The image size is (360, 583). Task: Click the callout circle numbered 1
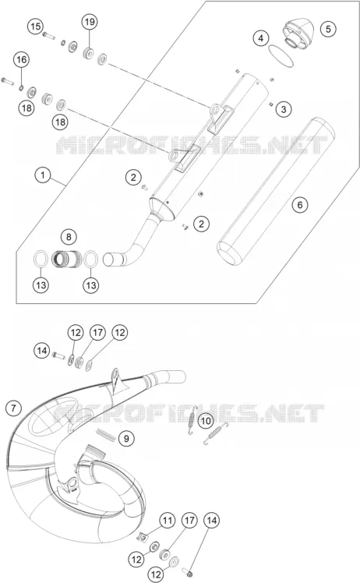pos(43,175)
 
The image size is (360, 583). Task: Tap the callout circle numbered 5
pos(328,29)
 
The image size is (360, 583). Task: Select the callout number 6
pos(300,204)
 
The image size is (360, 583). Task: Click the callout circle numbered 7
pos(13,408)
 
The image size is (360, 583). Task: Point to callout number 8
pos(69,236)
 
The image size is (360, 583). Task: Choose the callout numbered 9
pos(126,438)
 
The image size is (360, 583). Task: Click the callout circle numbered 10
pos(206,421)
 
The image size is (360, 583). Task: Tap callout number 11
pos(168,520)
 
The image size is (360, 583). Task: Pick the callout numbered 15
pos(35,26)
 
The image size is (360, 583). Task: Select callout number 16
pos(22,59)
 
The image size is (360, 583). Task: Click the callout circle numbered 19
pos(90,22)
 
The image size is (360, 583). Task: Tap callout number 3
pos(284,109)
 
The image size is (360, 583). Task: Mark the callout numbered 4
pos(261,38)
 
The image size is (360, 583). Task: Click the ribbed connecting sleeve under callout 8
pos(67,259)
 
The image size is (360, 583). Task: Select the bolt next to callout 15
pos(49,36)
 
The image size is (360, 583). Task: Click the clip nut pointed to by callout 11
pos(142,536)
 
